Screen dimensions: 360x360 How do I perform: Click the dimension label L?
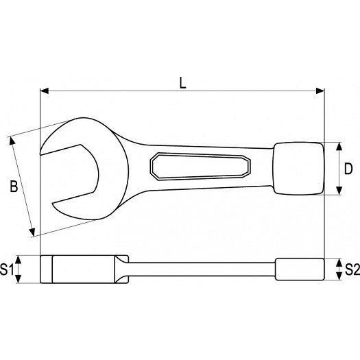[x=183, y=83]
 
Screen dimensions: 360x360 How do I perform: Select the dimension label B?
[x=14, y=187]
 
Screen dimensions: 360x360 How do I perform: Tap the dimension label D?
[x=348, y=169]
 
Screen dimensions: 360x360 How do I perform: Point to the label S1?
[x=7, y=269]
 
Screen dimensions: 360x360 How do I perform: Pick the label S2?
[x=352, y=269]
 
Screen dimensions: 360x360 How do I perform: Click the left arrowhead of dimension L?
[x=45, y=91]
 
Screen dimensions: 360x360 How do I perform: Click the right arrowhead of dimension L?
[x=320, y=91]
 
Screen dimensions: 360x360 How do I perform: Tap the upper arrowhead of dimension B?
[x=12, y=141]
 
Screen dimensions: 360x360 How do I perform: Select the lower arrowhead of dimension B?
[x=32, y=232]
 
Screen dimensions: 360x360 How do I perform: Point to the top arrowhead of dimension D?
[x=339, y=147]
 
